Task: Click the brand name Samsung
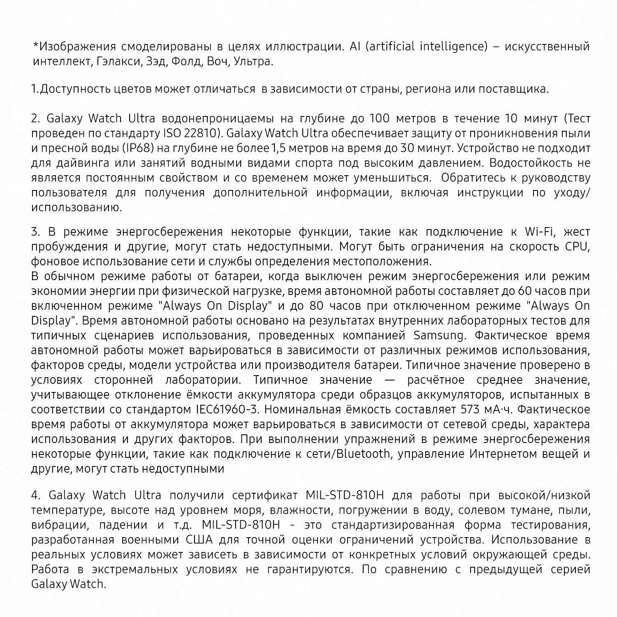(x=438, y=336)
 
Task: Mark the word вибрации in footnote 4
(x=57, y=525)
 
